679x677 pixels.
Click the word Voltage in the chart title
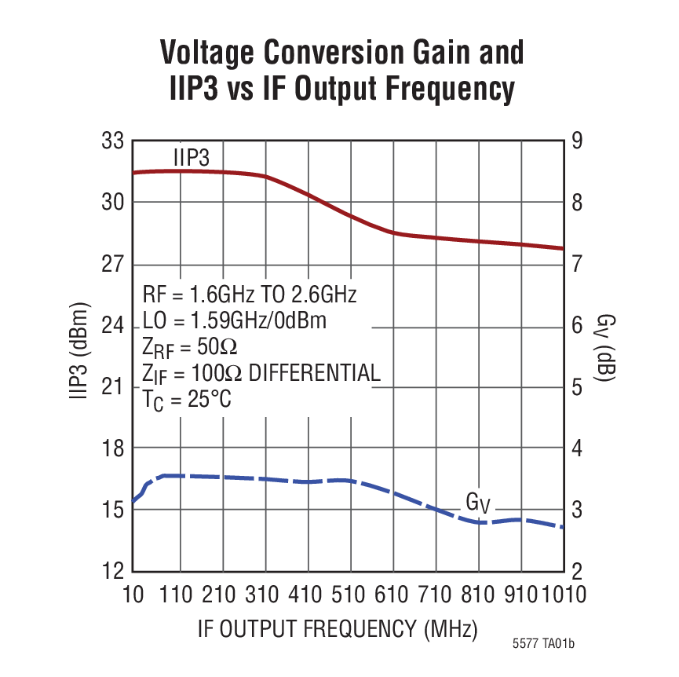point(206,53)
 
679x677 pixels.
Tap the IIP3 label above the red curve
point(192,157)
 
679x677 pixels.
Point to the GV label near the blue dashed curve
point(478,503)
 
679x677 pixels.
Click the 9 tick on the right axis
point(577,141)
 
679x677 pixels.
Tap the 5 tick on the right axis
point(577,387)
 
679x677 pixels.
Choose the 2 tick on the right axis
point(577,571)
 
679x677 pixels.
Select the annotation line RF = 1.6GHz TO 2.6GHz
point(250,295)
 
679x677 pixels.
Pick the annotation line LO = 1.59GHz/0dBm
point(235,320)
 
